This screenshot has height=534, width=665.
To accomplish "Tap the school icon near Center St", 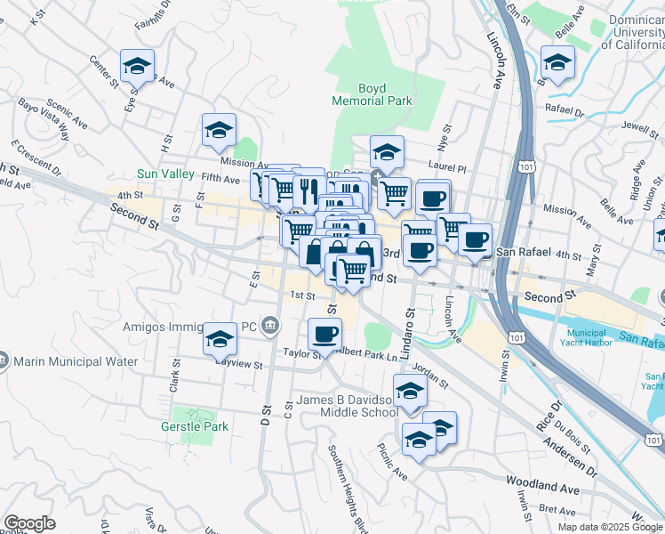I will (x=138, y=66).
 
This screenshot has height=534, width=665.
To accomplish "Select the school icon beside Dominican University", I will (x=557, y=62).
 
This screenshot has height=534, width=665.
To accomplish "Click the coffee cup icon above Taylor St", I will (x=324, y=334).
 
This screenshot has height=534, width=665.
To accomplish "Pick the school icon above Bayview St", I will (x=220, y=339).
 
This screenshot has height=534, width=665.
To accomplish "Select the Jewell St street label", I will (x=619, y=127).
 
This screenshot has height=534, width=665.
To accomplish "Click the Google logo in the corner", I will (x=29, y=523).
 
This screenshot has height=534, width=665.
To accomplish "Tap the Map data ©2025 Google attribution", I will (x=610, y=527).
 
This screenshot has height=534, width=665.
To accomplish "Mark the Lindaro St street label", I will (x=410, y=328).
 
